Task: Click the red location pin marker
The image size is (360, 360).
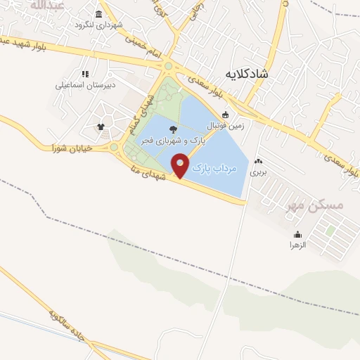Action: tap(181, 166)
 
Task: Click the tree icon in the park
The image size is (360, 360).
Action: tap(173, 129)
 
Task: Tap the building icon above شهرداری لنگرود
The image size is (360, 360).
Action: tap(98, 14)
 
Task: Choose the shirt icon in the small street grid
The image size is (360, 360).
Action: tap(101, 127)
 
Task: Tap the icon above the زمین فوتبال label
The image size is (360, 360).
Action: tap(225, 115)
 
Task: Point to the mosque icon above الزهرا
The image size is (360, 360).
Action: tap(297, 234)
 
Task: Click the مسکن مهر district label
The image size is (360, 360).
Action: tap(336, 205)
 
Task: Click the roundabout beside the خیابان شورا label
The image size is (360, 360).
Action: tap(113, 148)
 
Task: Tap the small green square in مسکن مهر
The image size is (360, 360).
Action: tap(329, 229)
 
